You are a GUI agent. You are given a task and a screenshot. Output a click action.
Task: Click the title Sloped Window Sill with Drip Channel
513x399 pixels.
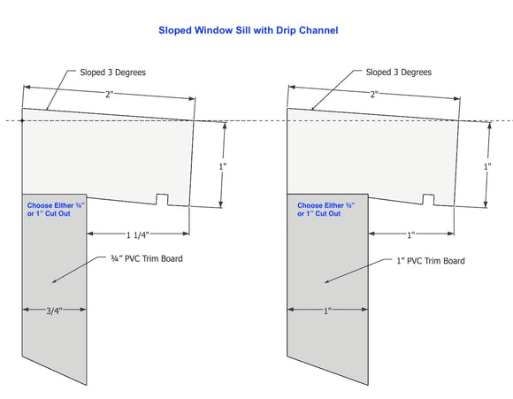click(249, 30)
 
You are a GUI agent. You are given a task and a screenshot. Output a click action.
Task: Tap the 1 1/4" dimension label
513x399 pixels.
click(138, 235)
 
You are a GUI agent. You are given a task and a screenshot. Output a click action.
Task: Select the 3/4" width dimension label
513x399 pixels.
click(54, 311)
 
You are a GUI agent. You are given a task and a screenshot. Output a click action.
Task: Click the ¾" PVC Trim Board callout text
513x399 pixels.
click(147, 258)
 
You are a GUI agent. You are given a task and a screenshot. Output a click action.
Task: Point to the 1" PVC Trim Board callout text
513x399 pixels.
click(431, 261)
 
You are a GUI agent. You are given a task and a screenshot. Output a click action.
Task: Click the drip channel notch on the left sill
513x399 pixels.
click(162, 199)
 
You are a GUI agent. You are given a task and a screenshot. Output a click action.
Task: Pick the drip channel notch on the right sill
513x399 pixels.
click(429, 200)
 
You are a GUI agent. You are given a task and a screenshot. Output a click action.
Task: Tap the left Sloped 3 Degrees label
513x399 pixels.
click(113, 73)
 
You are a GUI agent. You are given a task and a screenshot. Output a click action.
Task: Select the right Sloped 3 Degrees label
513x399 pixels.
click(399, 73)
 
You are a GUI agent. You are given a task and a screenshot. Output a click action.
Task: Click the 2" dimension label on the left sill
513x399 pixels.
click(109, 95)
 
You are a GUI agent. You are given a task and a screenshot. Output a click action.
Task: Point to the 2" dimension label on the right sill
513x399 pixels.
click(374, 95)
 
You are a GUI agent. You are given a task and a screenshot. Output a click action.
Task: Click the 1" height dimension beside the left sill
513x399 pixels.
click(223, 166)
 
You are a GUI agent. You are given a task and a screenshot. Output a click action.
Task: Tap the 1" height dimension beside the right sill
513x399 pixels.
click(487, 166)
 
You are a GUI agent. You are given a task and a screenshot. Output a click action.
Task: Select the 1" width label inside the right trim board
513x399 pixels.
click(327, 311)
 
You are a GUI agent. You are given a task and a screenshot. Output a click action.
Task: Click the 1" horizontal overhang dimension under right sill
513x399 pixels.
click(411, 235)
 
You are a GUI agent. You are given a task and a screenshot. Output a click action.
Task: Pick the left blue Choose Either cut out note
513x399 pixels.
click(56, 210)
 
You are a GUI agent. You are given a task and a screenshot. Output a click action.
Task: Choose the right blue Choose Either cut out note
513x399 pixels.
click(326, 210)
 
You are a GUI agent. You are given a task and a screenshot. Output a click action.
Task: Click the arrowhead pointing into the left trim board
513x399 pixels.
click(55, 281)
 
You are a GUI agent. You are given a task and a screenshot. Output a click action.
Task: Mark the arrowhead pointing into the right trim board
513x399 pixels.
click(327, 281)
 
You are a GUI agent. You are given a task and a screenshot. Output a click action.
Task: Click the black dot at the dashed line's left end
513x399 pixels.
click(22, 121)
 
